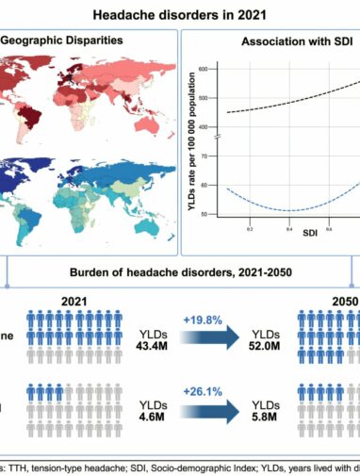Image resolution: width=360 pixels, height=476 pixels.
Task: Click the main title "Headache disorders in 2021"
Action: (180, 15)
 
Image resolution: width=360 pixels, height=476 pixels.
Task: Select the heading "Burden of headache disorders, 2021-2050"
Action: (180, 275)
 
